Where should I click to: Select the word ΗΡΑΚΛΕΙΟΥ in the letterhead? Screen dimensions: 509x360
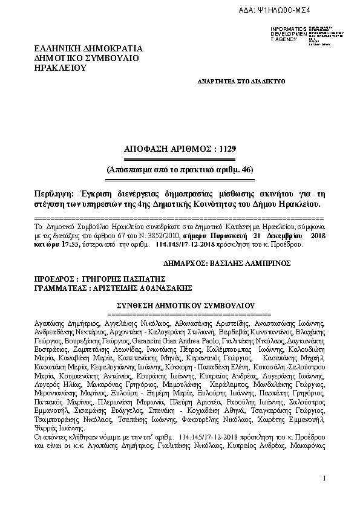62,68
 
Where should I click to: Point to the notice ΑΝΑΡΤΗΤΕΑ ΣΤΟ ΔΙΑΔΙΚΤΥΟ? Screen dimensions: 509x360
241,80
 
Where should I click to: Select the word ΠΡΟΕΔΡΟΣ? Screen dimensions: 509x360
55,280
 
